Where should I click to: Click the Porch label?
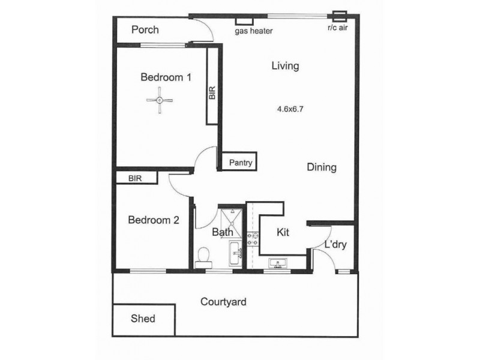coord(145,29)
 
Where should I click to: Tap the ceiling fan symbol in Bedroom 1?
coord(160,100)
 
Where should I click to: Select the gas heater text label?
coord(254,31)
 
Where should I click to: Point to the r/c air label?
coord(338,28)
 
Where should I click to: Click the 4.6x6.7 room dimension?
coord(290,109)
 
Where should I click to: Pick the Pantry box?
coord(239,161)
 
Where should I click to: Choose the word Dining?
coord(322,167)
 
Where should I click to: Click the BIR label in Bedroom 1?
coord(212,93)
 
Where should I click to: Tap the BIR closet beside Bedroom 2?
coord(137,178)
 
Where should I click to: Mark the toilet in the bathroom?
coord(203,259)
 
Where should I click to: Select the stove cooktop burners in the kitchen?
coord(253,239)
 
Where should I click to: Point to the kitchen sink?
coord(278,263)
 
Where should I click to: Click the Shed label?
coord(143,319)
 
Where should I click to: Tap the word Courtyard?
coord(223,302)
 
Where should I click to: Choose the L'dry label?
coord(335,245)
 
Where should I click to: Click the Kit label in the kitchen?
coord(283,232)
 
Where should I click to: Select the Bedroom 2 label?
coord(154,220)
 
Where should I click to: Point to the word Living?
coord(286,66)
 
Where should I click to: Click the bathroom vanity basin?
coord(236,253)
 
